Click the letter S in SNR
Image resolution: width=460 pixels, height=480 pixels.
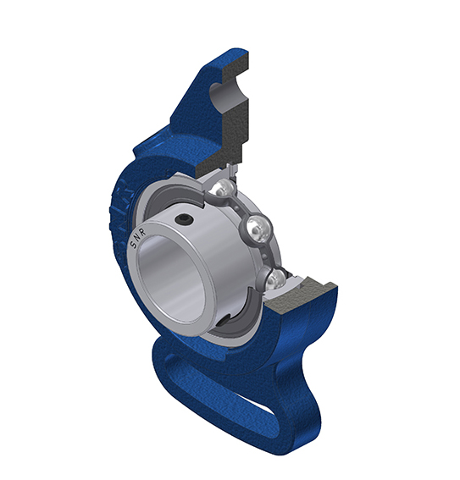[x=133, y=245]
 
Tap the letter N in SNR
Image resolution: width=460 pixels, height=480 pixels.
[x=137, y=238]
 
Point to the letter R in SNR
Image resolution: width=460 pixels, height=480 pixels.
[x=142, y=231]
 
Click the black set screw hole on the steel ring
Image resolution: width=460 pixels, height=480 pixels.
[x=184, y=219]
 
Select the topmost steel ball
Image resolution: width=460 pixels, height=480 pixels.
[x=225, y=188]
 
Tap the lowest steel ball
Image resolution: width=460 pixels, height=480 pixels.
[x=276, y=279]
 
